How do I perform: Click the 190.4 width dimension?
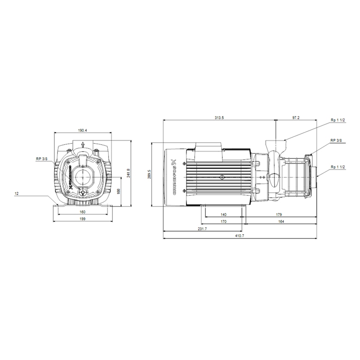pos(83,130)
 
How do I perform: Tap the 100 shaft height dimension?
pos(119,192)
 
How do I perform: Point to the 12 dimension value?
pos(17,194)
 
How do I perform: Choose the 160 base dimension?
pos(83,211)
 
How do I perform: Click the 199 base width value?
pos(83,219)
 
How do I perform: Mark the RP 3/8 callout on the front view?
pos(42,159)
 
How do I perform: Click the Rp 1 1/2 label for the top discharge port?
pos(338,120)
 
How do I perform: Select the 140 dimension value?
pos(223,215)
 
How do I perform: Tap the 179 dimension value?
pos(279,215)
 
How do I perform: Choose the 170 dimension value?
pos(223,222)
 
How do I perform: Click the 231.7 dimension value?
pos(202,229)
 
